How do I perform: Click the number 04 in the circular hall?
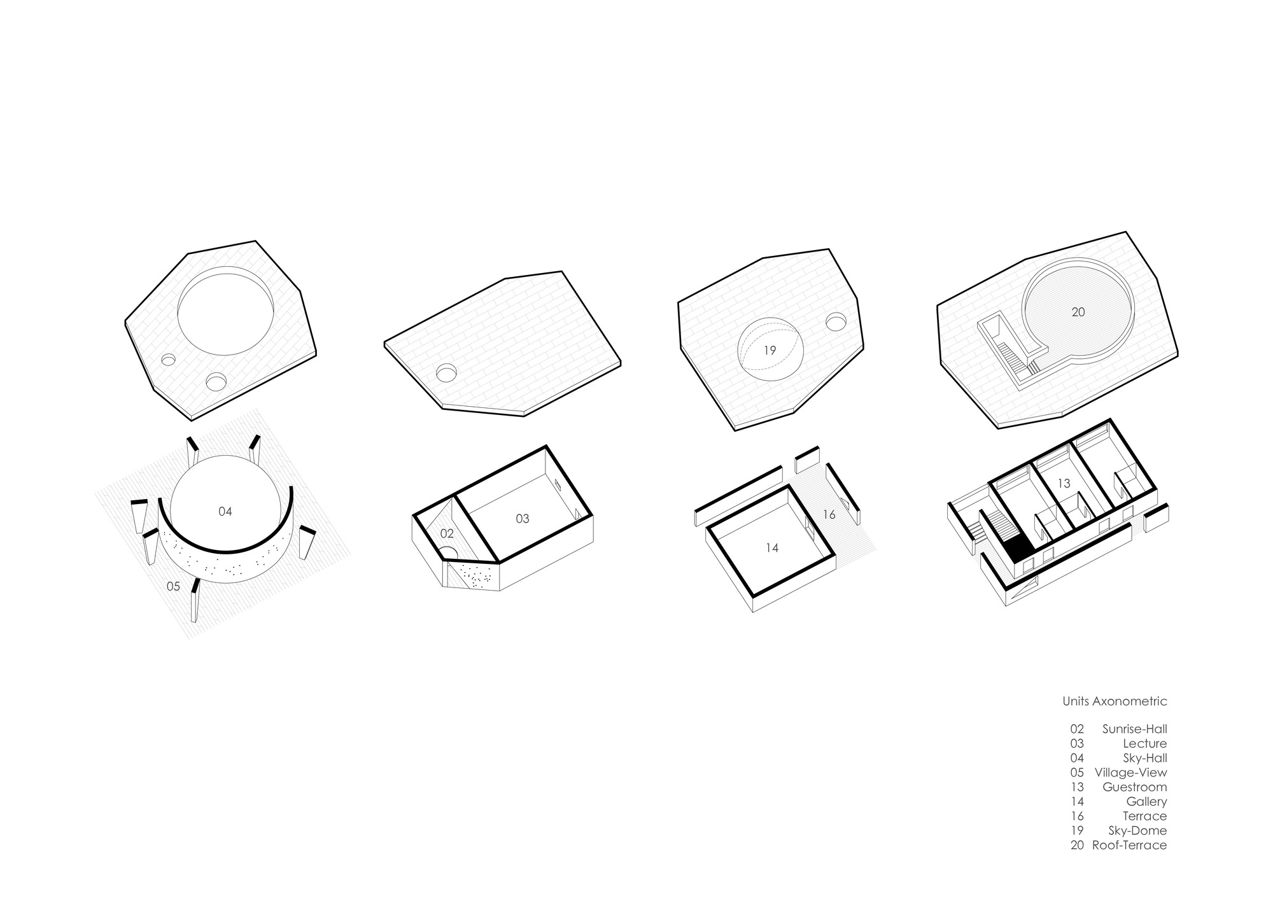pos(225,511)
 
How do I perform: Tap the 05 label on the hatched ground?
pos(173,586)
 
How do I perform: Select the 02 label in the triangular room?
pos(447,534)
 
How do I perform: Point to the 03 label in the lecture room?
pos(522,519)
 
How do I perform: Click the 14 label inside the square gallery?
pos(771,547)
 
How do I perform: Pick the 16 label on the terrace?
pos(829,514)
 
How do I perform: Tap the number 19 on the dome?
pos(770,350)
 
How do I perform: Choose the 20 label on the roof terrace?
pos(1078,313)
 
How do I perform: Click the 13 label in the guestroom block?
pos(1064,484)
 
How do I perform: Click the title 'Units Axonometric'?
pos(1115,701)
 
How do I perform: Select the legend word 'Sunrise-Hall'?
pos(1134,729)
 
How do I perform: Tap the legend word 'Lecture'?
pos(1145,744)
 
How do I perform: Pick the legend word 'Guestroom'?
pos(1135,787)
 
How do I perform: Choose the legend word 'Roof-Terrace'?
pos(1129,846)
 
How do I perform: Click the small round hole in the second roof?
pos(446,372)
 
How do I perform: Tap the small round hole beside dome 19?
pos(836,322)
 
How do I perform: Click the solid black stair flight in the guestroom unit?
pos(1018,548)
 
